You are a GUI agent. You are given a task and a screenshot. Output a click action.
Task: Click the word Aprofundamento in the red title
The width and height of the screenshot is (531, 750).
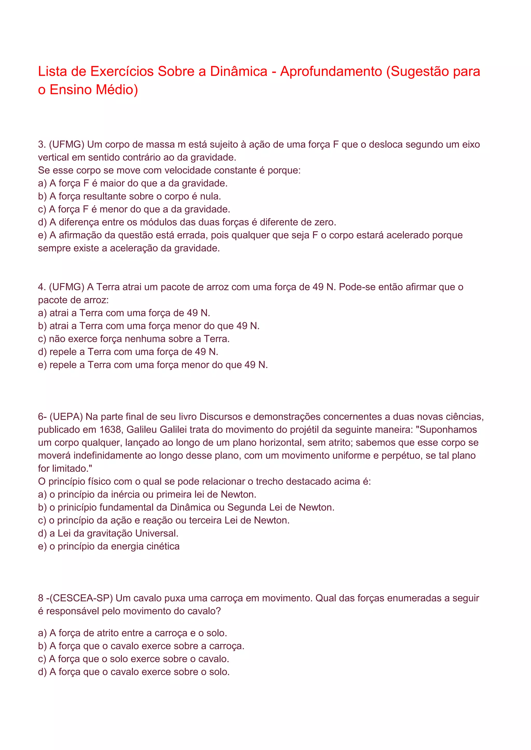pos(331,71)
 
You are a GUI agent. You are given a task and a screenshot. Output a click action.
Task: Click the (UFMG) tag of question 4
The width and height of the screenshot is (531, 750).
pos(67,287)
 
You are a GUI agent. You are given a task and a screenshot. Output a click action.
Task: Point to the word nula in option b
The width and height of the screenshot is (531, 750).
pos(209,196)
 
